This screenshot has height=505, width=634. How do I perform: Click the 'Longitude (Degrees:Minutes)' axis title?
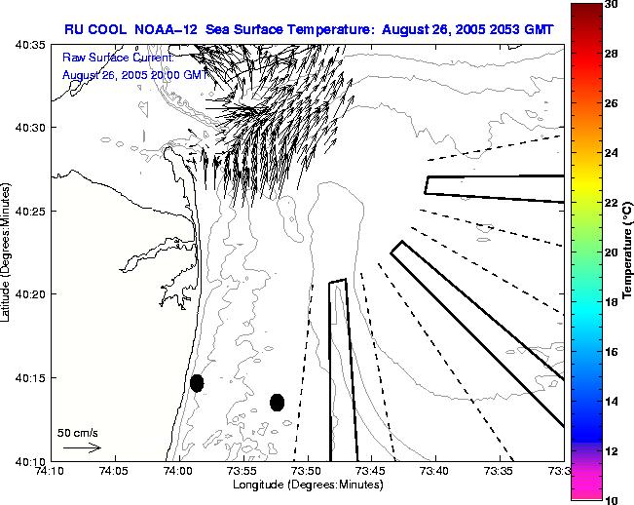306,485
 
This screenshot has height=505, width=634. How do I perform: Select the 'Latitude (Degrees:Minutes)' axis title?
8,252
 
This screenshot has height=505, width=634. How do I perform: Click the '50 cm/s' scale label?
78,432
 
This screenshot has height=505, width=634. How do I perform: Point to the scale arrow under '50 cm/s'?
82,447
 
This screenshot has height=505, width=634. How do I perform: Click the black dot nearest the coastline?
197,383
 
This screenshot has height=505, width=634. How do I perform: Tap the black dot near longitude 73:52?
277,402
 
